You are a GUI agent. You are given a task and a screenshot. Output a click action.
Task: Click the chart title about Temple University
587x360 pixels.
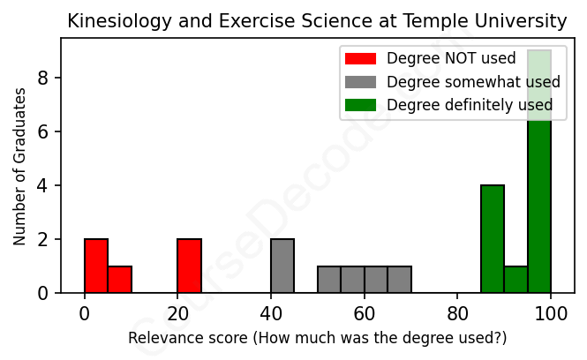(x=318, y=20)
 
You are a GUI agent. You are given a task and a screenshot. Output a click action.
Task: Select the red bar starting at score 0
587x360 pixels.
(x=96, y=266)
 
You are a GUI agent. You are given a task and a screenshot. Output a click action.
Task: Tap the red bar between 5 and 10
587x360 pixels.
(x=119, y=279)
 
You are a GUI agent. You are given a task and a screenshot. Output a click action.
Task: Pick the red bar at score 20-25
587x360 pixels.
(x=189, y=266)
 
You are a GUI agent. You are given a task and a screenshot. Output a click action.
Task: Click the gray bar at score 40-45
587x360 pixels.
(x=282, y=266)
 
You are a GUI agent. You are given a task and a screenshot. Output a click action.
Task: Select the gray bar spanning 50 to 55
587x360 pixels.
(x=329, y=279)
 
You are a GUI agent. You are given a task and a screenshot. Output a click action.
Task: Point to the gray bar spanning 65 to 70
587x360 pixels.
(x=399, y=279)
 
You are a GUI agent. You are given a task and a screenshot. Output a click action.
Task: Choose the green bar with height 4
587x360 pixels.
(x=493, y=238)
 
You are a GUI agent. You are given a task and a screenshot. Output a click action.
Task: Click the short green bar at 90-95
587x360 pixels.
(x=516, y=279)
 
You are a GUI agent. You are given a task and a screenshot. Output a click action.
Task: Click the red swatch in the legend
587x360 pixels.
(x=360, y=59)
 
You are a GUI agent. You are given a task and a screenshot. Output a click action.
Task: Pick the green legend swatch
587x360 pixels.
(x=360, y=105)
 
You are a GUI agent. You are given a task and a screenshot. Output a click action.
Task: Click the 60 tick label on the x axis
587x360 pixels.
(x=364, y=311)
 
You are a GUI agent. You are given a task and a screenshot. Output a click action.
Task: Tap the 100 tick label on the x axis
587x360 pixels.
(x=551, y=311)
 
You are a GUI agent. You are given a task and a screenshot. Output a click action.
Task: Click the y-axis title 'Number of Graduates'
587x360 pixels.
(x=19, y=166)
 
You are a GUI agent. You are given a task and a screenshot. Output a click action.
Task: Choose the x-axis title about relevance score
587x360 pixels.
(x=318, y=338)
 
